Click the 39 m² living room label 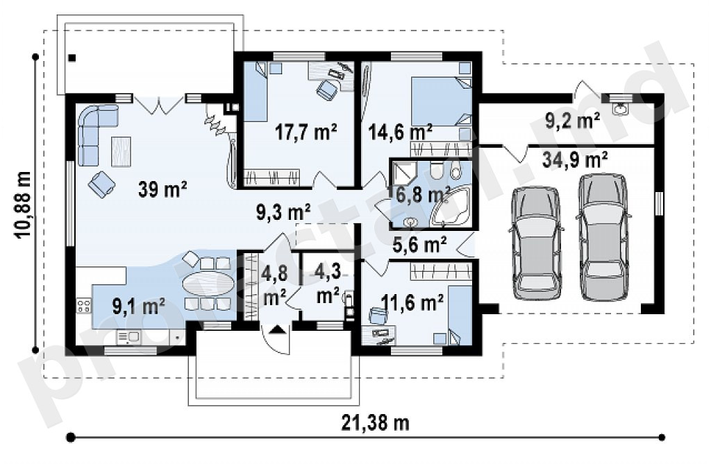pyautogui.click(x=162, y=189)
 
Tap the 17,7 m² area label pyautogui.click(x=306, y=132)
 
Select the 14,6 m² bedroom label pyautogui.click(x=400, y=132)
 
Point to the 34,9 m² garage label pyautogui.click(x=574, y=160)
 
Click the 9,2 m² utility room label pyautogui.click(x=573, y=121)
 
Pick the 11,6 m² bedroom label pyautogui.click(x=412, y=302)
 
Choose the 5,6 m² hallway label pyautogui.click(x=419, y=245)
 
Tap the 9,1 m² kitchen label pyautogui.click(x=138, y=307)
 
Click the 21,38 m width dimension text pyautogui.click(x=375, y=423)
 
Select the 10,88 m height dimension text pyautogui.click(x=23, y=205)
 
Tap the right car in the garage pyautogui.click(x=604, y=237)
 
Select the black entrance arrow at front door pyautogui.click(x=278, y=329)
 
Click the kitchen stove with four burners pyautogui.click(x=83, y=305)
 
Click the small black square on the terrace pyautogui.click(x=72, y=58)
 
